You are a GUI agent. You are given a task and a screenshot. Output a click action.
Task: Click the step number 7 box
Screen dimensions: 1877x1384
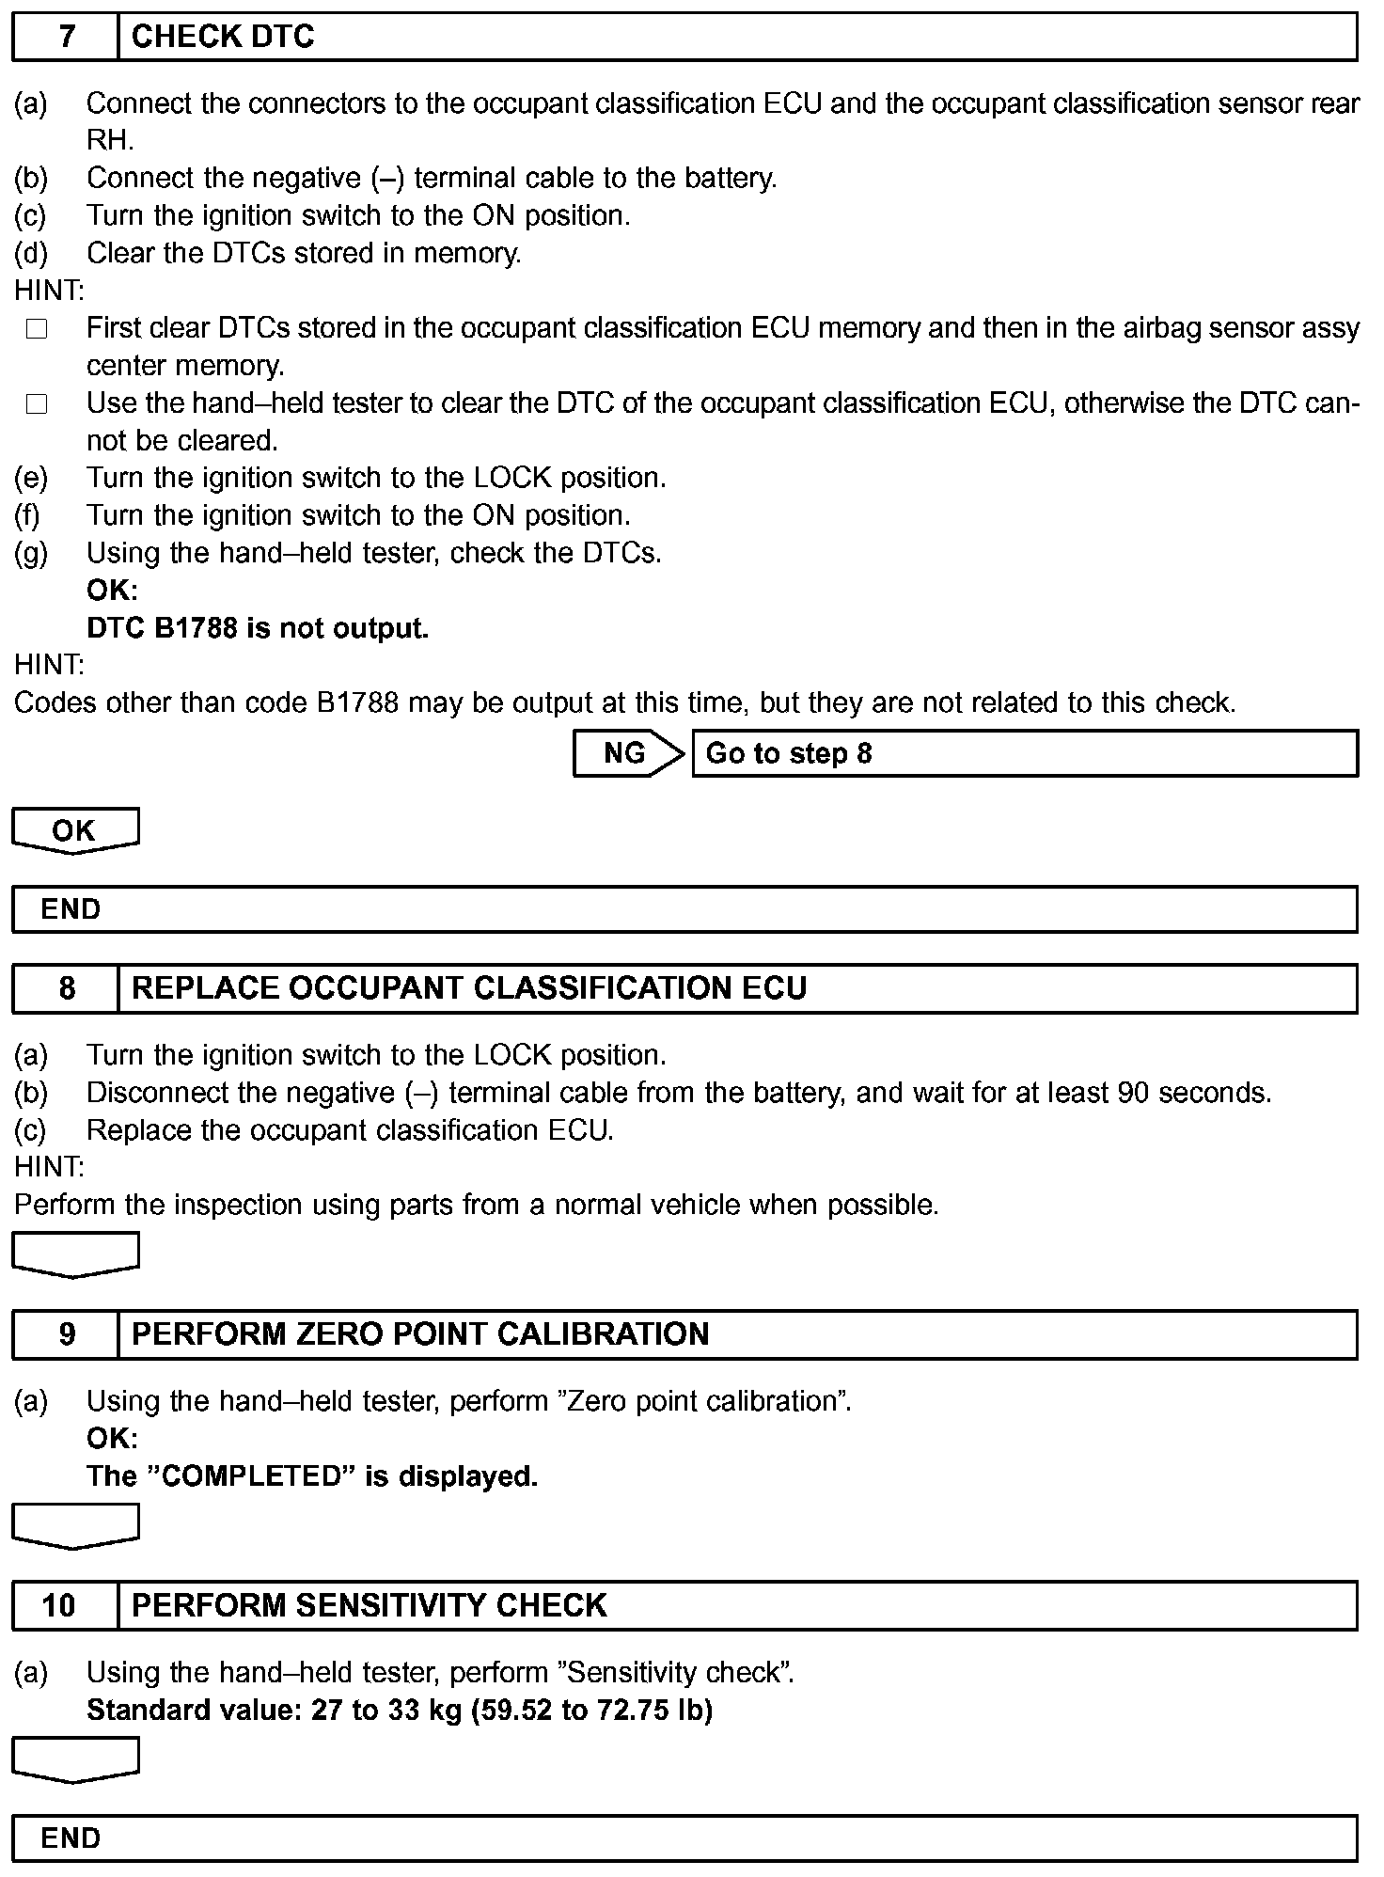pyautogui.click(x=66, y=38)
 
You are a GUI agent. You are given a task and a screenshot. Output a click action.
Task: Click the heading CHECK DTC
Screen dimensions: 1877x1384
pyautogui.click(x=223, y=38)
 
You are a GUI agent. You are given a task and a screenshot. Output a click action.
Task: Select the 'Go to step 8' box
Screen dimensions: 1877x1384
pyautogui.click(x=1024, y=753)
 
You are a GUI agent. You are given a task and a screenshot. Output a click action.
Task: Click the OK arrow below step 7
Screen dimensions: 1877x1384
pyautogui.click(x=75, y=830)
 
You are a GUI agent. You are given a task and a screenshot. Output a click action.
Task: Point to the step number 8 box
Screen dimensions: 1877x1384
pyautogui.click(x=66, y=988)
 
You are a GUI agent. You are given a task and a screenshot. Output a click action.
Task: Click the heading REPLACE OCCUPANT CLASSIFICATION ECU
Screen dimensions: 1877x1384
pyautogui.click(x=468, y=988)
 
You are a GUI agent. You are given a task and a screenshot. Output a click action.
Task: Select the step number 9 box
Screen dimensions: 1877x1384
pyautogui.click(x=66, y=1334)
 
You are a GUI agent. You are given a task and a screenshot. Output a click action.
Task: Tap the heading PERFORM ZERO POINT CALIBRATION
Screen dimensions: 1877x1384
pyautogui.click(x=419, y=1334)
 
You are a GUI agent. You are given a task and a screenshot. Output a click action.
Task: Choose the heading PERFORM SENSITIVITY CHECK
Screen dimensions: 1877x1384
pyautogui.click(x=369, y=1605)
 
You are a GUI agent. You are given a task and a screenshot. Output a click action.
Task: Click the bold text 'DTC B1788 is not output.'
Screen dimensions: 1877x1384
pyautogui.click(x=258, y=628)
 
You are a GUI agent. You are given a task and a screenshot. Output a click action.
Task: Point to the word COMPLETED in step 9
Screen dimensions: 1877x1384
pyautogui.click(x=250, y=1476)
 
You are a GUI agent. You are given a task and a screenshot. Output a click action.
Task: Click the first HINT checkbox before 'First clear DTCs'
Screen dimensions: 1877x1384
pyautogui.click(x=37, y=329)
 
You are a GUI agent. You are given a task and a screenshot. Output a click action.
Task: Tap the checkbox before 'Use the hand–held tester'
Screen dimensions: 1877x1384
pyautogui.click(x=37, y=404)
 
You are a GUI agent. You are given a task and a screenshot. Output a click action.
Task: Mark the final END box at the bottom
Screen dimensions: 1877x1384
pyautogui.click(x=684, y=1838)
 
